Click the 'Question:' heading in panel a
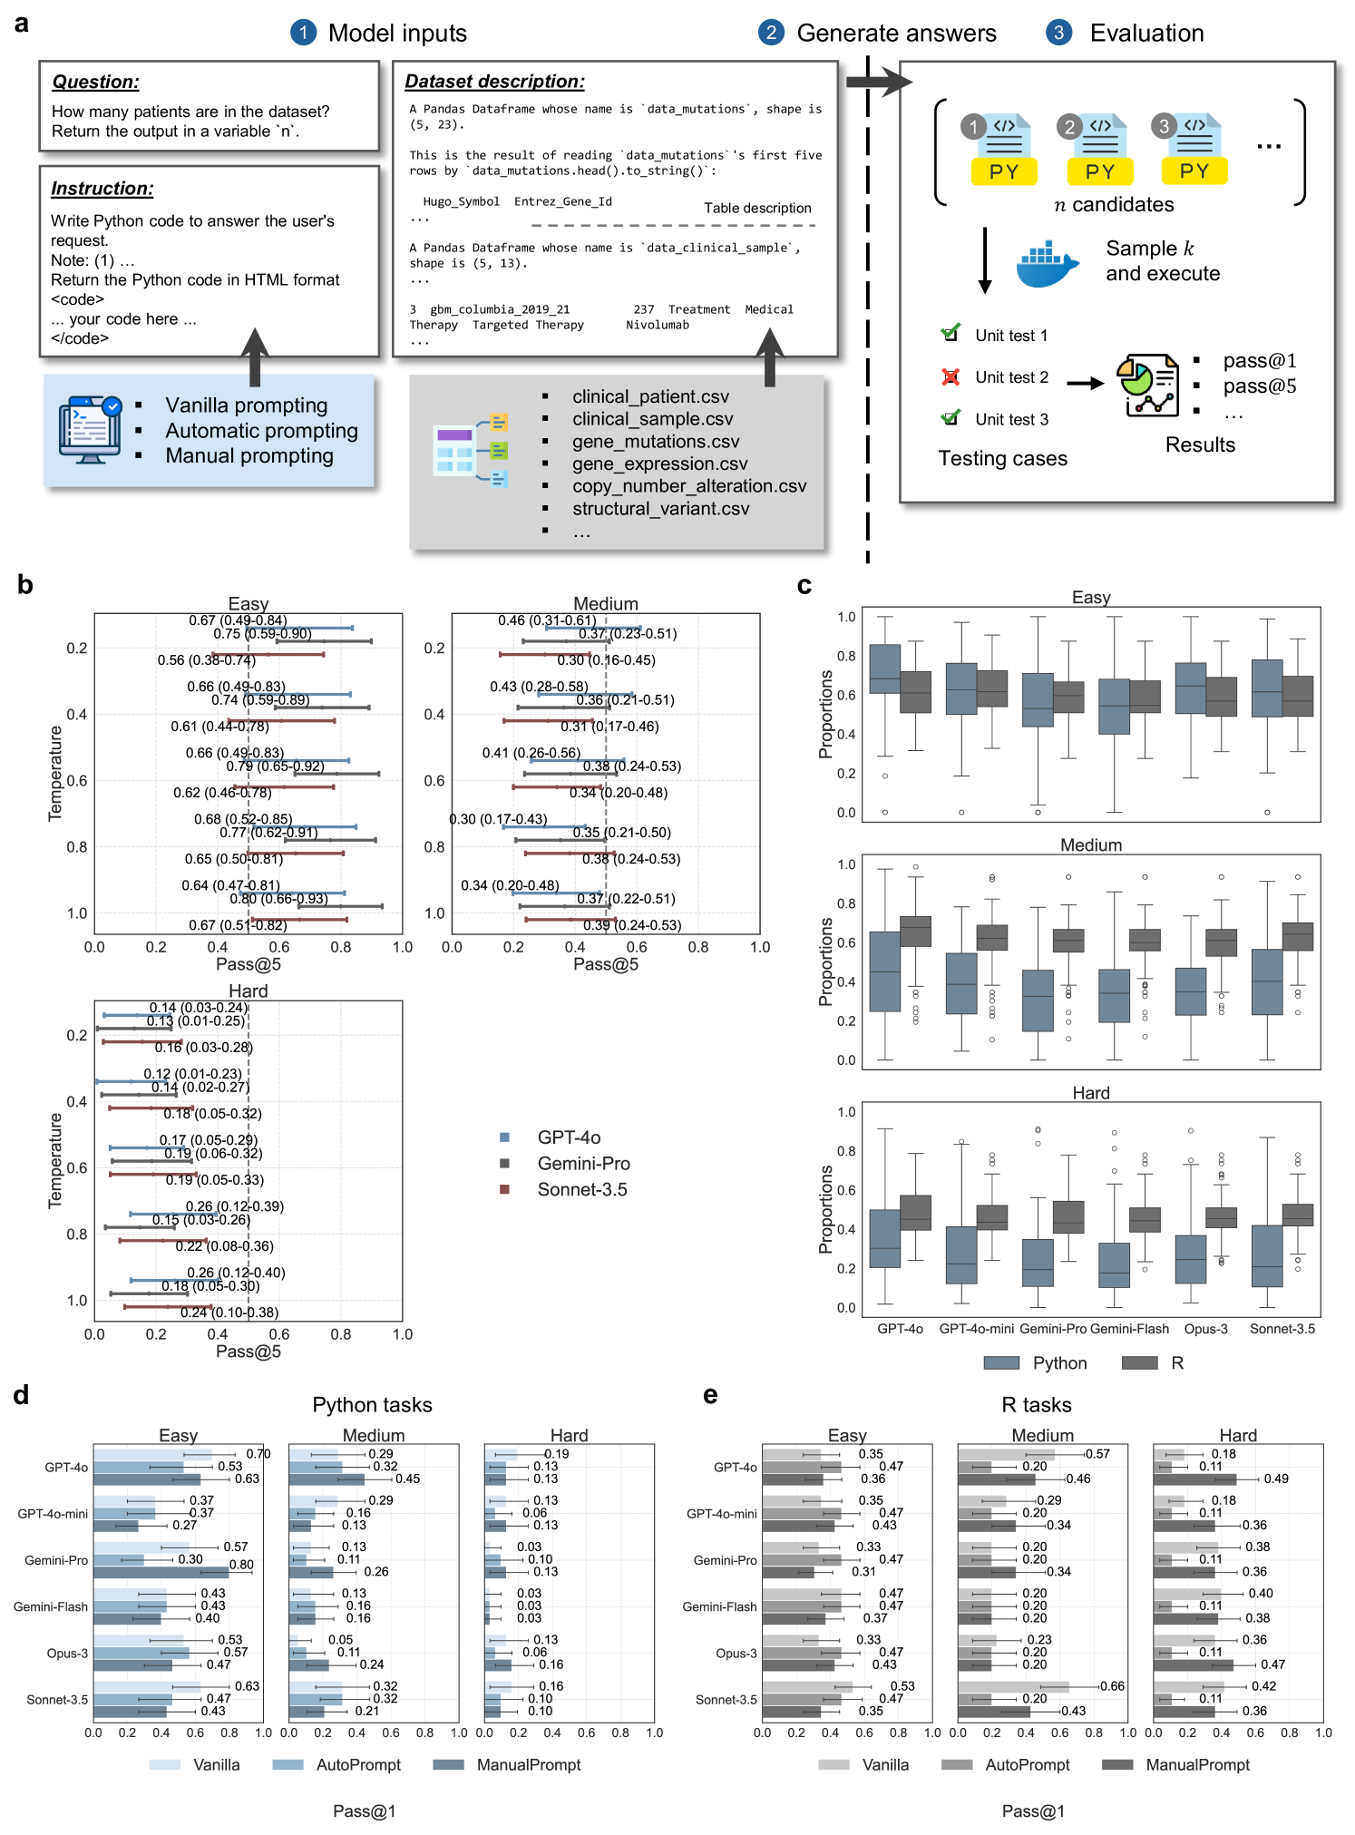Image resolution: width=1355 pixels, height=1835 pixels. pos(95,82)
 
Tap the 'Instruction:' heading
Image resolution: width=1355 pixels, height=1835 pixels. pos(102,189)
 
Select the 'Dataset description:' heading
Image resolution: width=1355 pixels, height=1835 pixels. pos(494,82)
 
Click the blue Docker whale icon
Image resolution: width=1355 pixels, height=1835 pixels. pos(1047,264)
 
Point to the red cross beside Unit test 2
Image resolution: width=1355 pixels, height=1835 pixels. pos(950,376)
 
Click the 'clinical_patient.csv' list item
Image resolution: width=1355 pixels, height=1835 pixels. pos(650,396)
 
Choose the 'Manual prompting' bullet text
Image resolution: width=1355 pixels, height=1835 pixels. pos(249,455)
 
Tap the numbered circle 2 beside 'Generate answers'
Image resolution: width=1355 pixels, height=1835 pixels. pos(770,33)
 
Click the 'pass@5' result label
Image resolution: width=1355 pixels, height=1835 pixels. pos(1259,386)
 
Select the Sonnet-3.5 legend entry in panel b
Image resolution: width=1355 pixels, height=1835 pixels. pos(581,1189)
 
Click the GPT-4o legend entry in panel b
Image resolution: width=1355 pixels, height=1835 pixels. pos(569,1137)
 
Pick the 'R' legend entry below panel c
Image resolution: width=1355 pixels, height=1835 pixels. pos(1176,1362)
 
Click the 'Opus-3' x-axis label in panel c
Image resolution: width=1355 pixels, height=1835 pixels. pos(1205,1329)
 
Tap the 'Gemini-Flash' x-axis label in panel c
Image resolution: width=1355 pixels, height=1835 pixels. pos(1129,1329)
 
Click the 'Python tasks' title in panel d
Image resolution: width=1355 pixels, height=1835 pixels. pos(372,1404)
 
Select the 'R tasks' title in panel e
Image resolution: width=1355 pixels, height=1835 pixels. pos(1036,1404)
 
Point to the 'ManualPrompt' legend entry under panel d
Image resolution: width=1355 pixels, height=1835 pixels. pos(528,1764)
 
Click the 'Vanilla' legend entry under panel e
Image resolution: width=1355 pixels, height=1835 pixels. pos(884,1764)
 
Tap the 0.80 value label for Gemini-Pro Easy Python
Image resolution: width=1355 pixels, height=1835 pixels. pos(241,1565)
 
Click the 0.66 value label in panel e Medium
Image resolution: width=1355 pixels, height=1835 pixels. pos(1112,1686)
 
